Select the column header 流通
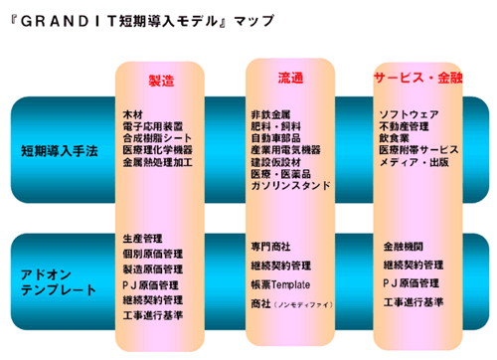click(290, 77)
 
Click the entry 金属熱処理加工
click(157, 161)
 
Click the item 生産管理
click(141, 240)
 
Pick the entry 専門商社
click(271, 245)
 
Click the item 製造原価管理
click(153, 270)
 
